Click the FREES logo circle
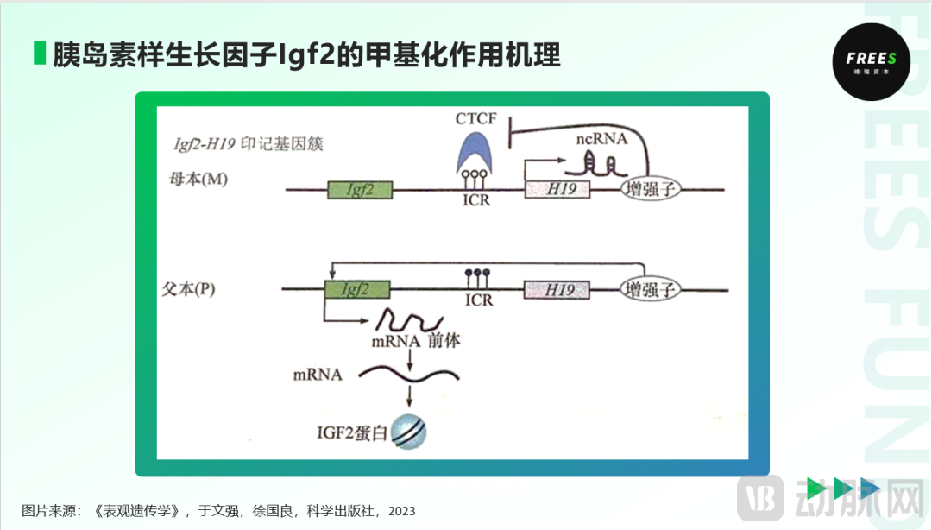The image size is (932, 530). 871,61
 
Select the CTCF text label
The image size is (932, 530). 476,118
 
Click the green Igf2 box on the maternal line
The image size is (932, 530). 359,190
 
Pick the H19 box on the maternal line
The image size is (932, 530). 557,190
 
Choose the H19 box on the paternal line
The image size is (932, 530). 557,290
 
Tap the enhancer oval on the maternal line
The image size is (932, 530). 652,190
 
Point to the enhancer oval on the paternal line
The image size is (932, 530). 652,289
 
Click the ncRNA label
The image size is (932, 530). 601,138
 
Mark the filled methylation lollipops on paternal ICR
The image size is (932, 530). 477,275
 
